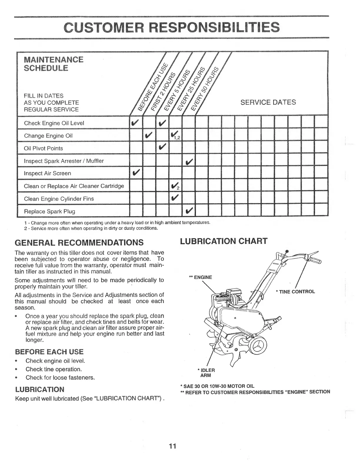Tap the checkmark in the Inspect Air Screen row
[136, 173]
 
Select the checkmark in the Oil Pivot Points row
[162, 148]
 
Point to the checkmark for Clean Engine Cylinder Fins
[176, 199]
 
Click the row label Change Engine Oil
[48, 136]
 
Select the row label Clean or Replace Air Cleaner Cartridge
[74, 186]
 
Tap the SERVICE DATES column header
[268, 102]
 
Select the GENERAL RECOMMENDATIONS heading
[79, 242]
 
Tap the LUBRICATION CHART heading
[224, 241]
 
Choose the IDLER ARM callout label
[206, 372]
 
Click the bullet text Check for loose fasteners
[60, 377]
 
